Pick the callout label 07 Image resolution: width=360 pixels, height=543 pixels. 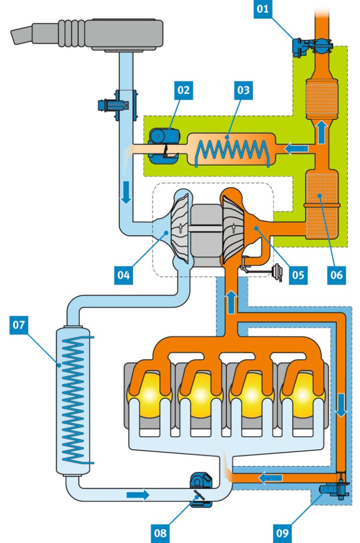coord(19,325)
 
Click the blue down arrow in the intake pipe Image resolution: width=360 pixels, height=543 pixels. coord(125,197)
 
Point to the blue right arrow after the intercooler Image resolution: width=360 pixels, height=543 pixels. coord(137,494)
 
